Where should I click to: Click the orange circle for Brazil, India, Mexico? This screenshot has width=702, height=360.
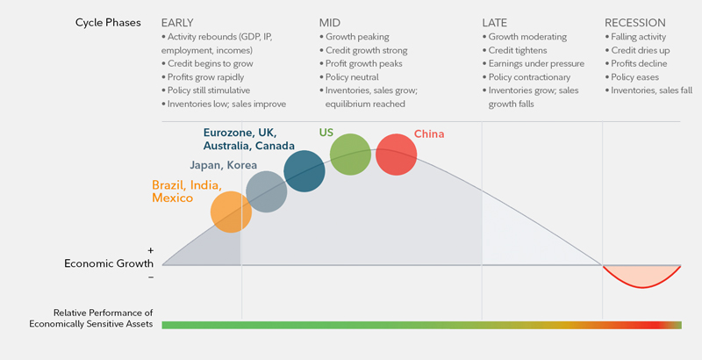232,212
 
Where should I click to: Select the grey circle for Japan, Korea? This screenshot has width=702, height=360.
267,192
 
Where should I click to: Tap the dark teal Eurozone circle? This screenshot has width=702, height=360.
304,171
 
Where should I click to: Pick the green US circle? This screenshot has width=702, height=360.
350,155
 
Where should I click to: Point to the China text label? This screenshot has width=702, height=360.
428,134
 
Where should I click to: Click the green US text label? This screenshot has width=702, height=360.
326,133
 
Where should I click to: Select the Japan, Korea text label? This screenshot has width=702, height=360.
223,164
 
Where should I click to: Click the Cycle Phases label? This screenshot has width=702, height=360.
108,22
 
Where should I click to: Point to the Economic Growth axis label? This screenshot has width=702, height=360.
109,263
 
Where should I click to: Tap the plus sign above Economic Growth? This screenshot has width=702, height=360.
150,251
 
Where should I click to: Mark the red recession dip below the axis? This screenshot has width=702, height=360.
643,278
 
